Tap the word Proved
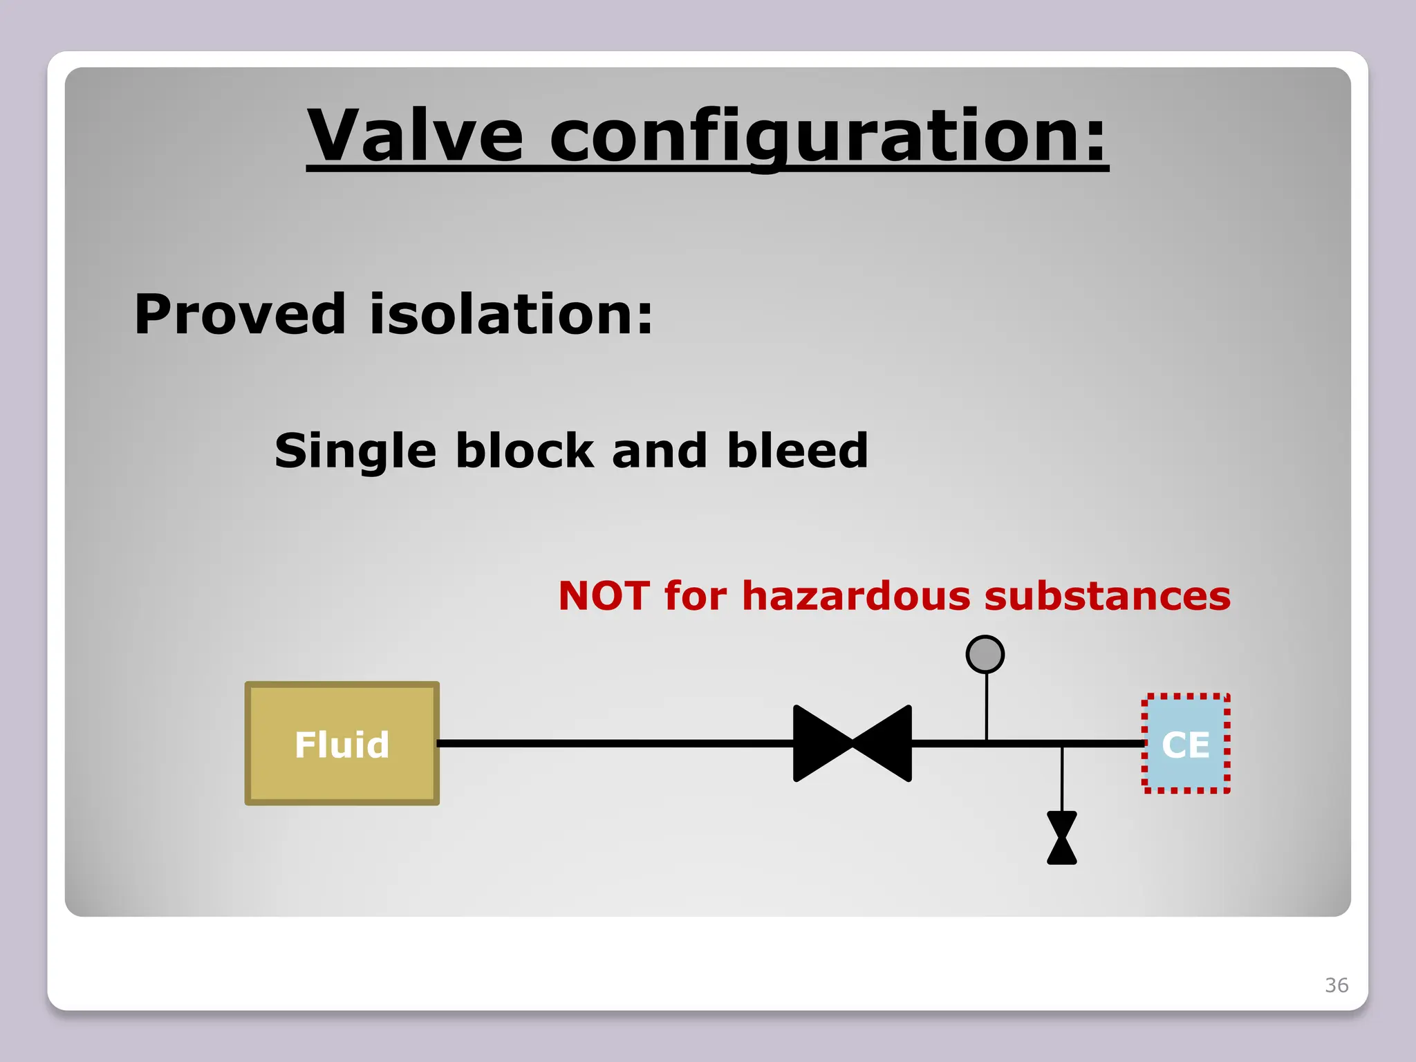click(x=239, y=315)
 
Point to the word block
click(x=525, y=451)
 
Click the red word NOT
click(x=604, y=596)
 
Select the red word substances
click(x=1107, y=596)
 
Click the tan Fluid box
click(x=342, y=744)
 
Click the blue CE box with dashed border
click(x=1186, y=744)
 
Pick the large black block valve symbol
click(x=852, y=744)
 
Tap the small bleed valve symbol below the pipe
click(x=1062, y=838)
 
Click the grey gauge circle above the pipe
click(x=985, y=654)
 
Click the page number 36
click(x=1336, y=985)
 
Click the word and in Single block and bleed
click(x=659, y=451)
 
